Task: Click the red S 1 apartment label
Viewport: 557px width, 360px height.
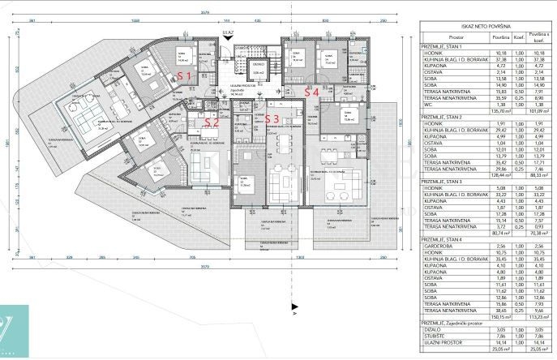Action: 184,75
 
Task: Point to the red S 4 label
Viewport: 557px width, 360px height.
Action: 311,92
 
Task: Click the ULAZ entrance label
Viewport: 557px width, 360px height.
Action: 230,34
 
